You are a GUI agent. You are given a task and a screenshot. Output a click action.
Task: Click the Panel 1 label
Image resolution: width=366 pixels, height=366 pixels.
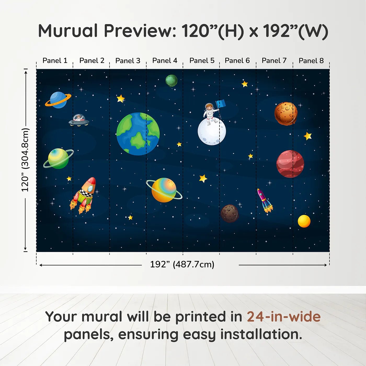point(55,61)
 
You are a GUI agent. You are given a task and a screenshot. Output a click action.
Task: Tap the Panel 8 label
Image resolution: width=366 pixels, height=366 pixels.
point(311,61)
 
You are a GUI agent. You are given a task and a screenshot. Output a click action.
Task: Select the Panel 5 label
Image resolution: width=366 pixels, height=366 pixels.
point(202,61)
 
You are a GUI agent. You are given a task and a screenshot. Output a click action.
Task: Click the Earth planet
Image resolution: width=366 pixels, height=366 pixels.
point(138,134)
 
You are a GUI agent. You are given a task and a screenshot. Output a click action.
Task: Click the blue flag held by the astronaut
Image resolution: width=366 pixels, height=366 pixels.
point(221,104)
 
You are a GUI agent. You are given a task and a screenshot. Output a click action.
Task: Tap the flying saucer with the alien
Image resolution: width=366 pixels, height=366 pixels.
point(79,120)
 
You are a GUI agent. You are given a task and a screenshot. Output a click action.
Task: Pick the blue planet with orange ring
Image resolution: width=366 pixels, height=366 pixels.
point(58,100)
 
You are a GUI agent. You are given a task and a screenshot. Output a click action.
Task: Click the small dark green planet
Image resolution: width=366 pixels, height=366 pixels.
point(171,81)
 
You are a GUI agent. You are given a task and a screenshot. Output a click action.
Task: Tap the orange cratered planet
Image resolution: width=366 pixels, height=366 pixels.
point(286,113)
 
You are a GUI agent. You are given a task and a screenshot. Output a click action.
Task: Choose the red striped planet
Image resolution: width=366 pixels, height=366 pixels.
point(290,164)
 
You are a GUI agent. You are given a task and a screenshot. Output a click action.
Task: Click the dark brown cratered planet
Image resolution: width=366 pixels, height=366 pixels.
point(230,213)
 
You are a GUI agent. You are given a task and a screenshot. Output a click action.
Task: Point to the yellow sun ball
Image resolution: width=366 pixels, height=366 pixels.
point(304,221)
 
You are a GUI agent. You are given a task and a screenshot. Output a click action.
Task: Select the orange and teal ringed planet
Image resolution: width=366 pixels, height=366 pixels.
point(164,190)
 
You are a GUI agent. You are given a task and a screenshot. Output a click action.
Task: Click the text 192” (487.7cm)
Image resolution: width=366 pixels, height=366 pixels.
point(182,264)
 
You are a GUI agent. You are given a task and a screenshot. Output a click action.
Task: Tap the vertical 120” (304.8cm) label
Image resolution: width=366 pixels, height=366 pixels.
point(25,160)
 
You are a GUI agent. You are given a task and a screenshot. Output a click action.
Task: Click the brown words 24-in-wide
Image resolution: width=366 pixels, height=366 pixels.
point(284,317)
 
